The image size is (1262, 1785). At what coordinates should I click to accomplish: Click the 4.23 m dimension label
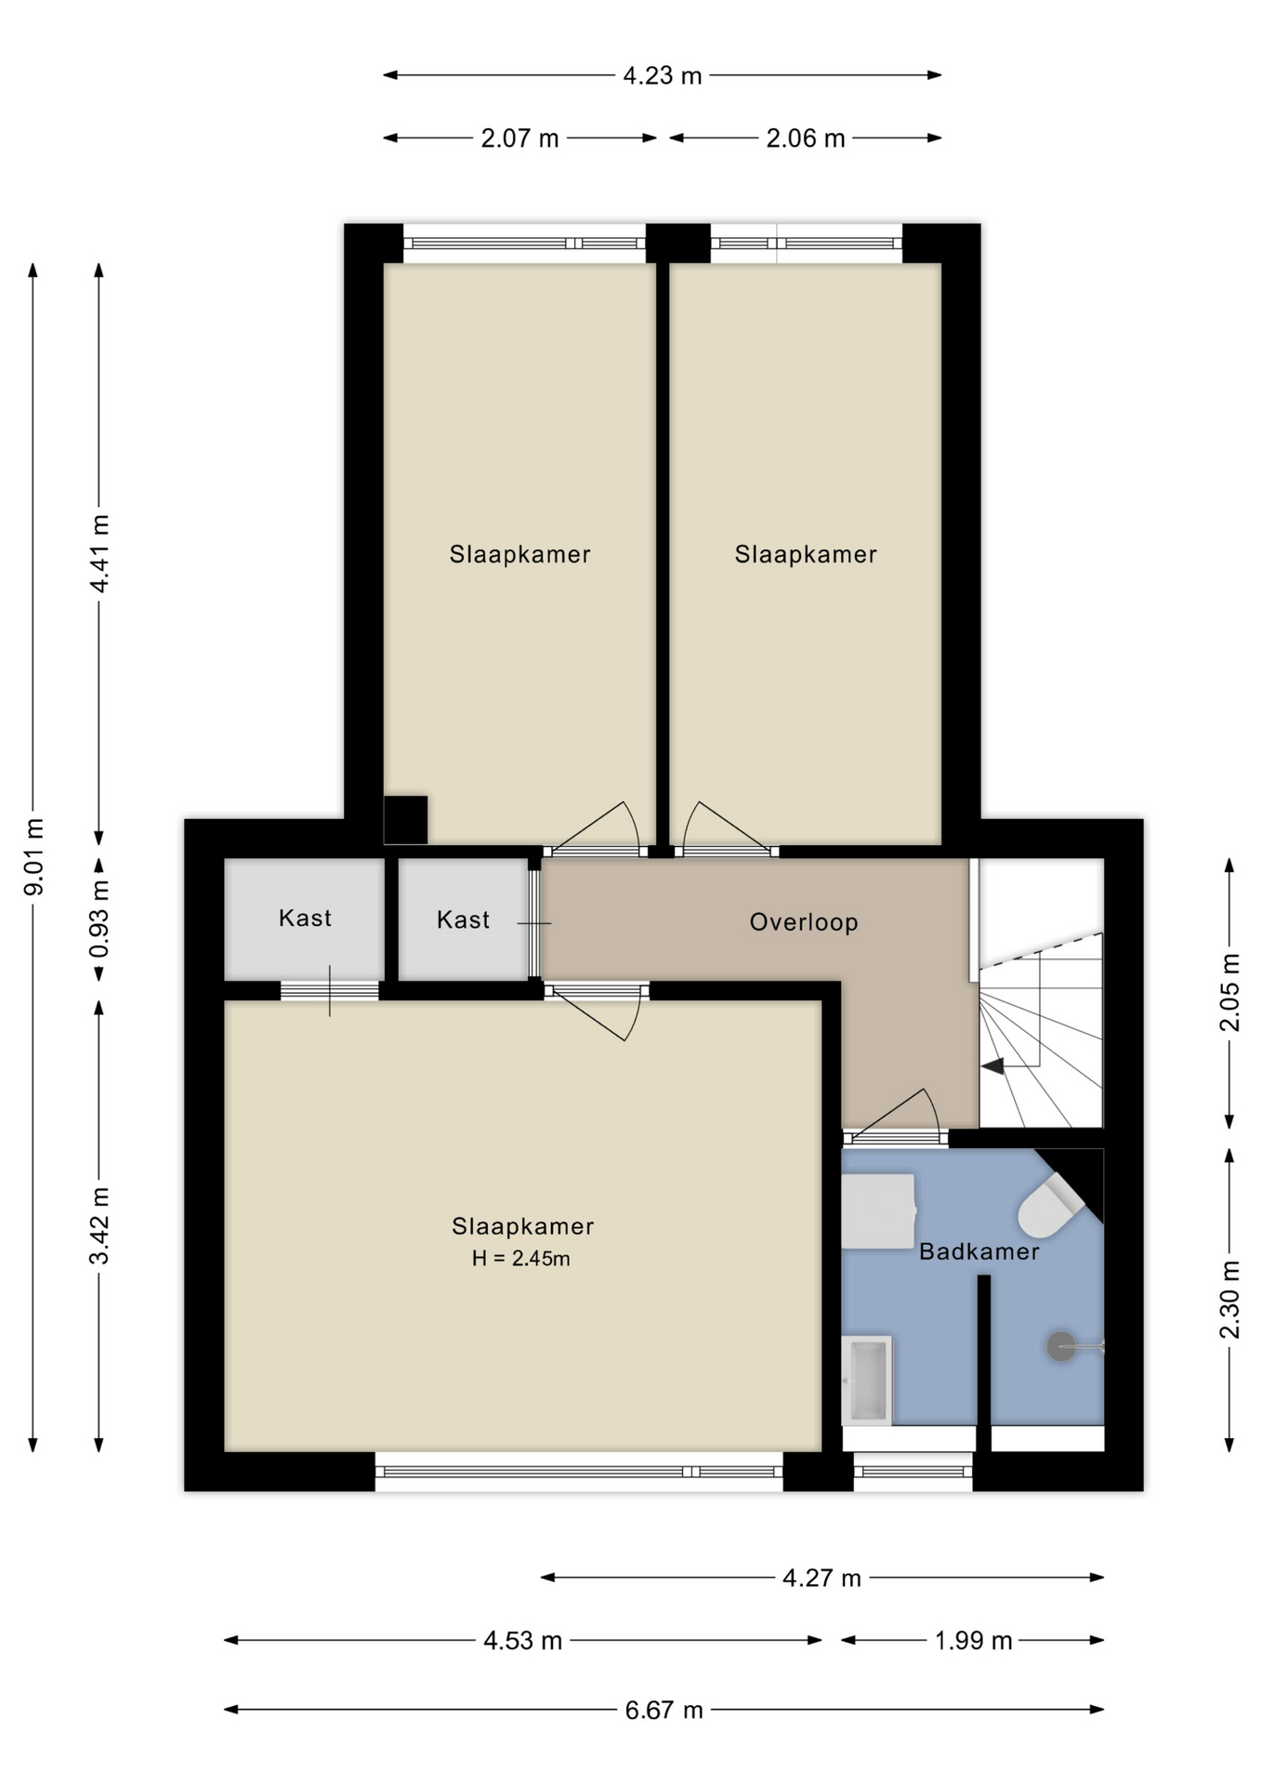662,75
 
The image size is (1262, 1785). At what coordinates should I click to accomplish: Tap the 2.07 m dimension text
519,139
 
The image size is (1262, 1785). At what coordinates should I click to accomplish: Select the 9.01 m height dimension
33,856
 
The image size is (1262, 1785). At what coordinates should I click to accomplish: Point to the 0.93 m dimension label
99,919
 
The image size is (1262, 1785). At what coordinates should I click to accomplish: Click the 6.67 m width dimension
664,1710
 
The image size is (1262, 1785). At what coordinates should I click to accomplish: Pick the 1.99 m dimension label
973,1640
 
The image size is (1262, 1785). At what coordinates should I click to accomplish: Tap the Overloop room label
804,922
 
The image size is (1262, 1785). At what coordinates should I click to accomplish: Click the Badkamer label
979,1251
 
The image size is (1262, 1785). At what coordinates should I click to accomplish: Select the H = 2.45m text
521,1259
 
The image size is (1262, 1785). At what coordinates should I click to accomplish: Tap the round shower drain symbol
1061,1345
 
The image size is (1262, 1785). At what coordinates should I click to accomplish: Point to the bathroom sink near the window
867,1381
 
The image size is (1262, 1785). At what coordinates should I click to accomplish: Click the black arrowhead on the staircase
993,1066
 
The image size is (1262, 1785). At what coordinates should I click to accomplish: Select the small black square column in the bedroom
406,820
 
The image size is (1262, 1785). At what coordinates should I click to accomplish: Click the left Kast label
305,919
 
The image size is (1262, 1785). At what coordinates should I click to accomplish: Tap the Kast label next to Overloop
463,920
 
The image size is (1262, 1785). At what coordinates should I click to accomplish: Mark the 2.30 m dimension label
1229,1299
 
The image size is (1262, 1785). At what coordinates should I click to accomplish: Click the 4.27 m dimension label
822,1578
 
